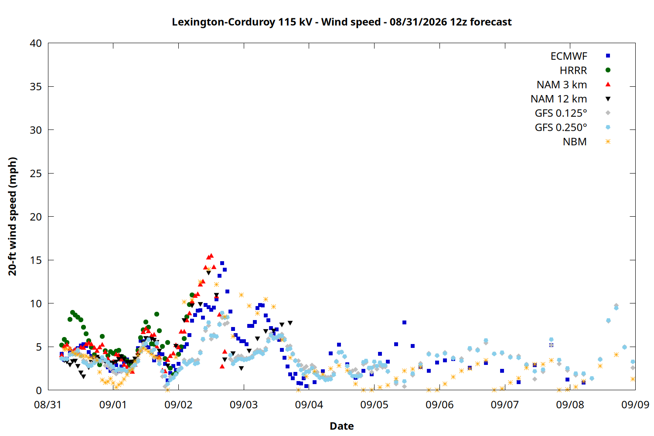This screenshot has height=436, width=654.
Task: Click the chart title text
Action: click(x=341, y=22)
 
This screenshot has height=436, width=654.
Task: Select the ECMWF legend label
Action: click(x=569, y=56)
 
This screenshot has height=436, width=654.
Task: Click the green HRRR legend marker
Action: click(x=608, y=70)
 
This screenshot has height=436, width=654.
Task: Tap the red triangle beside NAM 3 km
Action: click(x=608, y=85)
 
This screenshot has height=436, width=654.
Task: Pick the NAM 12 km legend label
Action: click(x=559, y=99)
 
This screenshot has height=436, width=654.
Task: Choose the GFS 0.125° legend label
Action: click(x=561, y=113)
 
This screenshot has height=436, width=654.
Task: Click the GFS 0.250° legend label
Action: click(x=561, y=127)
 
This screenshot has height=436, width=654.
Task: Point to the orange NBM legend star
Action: click(x=608, y=142)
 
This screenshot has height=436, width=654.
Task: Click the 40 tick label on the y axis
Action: click(x=36, y=43)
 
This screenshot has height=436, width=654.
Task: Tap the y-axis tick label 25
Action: click(x=36, y=174)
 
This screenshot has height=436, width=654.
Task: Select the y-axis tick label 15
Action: click(x=36, y=260)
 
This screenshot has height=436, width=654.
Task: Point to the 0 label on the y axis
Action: click(x=39, y=390)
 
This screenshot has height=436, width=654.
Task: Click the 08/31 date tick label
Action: click(x=48, y=405)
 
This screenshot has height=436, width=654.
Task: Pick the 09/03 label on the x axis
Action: click(x=243, y=405)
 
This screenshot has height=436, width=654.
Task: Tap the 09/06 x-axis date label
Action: click(x=439, y=405)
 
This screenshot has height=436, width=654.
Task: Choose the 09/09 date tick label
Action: click(x=635, y=405)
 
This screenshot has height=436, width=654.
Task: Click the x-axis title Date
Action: click(x=341, y=426)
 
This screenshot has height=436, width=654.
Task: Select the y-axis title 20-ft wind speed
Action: click(x=13, y=216)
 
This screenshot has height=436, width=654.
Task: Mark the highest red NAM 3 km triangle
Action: click(x=211, y=256)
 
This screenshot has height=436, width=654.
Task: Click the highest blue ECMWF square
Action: click(x=222, y=263)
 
